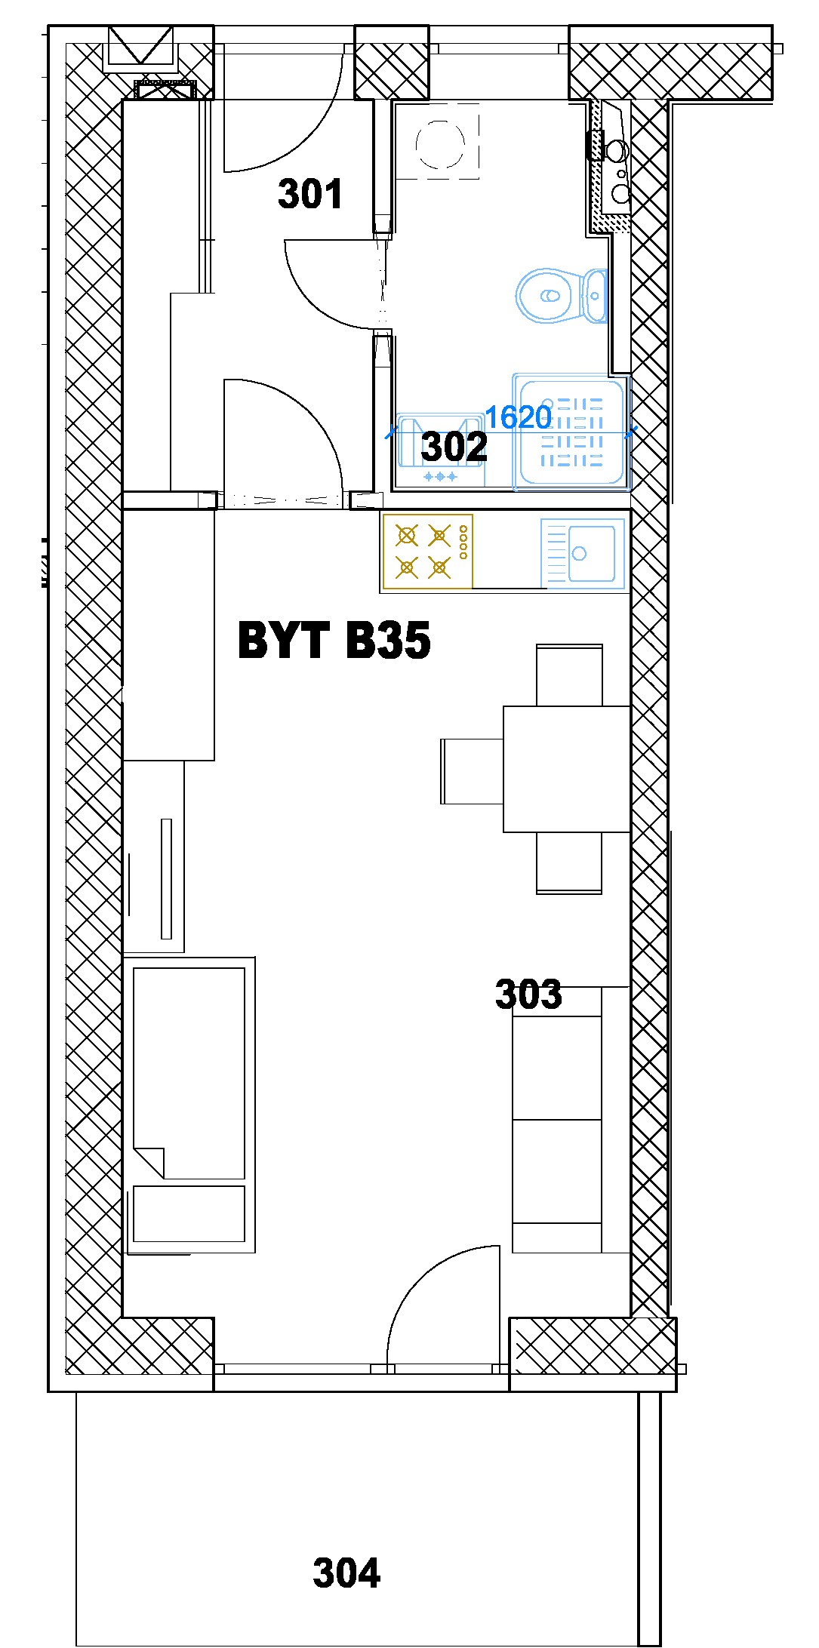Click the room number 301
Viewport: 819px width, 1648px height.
(x=310, y=193)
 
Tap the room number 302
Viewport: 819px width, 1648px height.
(x=454, y=446)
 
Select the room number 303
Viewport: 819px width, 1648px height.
(x=528, y=994)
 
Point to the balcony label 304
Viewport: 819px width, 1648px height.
(x=346, y=1573)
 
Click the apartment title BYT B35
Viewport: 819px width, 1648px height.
(x=334, y=640)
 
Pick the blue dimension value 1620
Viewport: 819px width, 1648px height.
(x=518, y=417)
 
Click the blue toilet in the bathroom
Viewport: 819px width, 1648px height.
(x=561, y=295)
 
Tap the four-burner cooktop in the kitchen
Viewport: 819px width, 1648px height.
(x=428, y=552)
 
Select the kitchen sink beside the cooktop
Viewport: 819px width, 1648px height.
(x=583, y=553)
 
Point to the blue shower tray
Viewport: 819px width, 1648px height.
(x=571, y=431)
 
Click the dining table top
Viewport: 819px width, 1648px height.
(x=566, y=769)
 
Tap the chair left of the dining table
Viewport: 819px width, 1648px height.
(x=472, y=771)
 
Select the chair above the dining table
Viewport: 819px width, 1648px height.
(x=569, y=675)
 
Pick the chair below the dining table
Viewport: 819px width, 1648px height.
(x=569, y=863)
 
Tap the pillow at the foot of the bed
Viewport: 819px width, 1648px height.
(x=189, y=1213)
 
